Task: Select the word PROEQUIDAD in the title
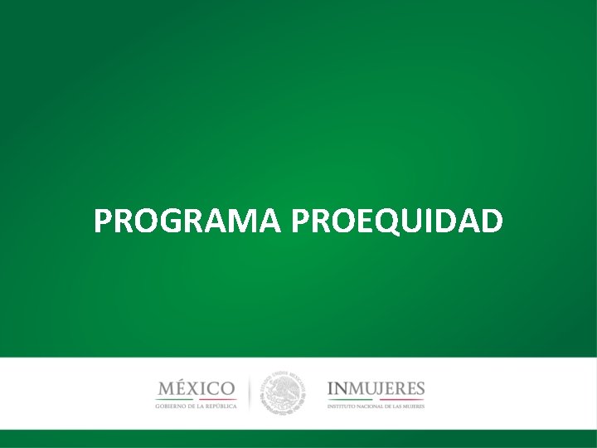(x=397, y=222)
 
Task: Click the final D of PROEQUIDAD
(x=490, y=222)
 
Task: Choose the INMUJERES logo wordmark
(x=376, y=387)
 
